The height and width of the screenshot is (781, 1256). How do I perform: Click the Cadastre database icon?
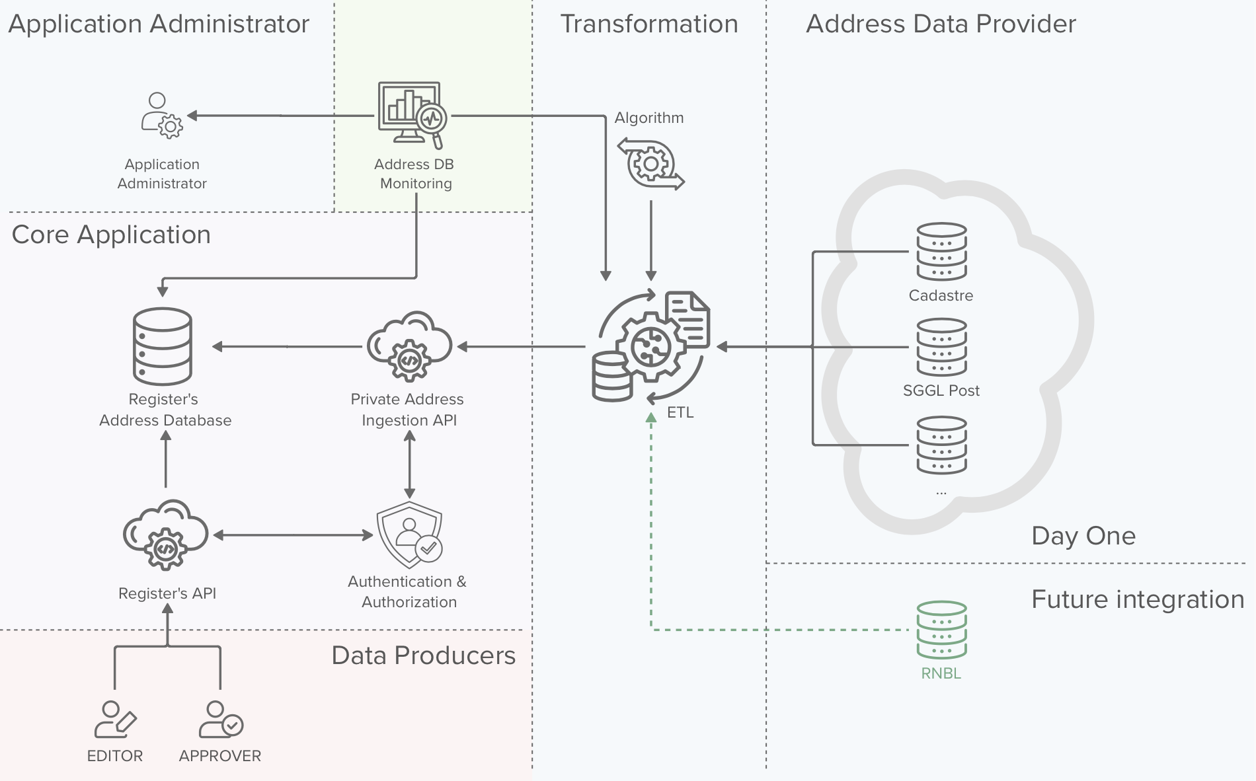click(941, 252)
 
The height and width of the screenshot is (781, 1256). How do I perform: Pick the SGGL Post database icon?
click(941, 347)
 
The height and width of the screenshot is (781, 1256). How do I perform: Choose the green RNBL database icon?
click(941, 630)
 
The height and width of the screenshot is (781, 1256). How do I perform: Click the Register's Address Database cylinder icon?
click(163, 346)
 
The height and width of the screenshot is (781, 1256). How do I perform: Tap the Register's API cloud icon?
click(165, 535)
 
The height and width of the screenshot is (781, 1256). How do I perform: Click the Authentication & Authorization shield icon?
click(410, 535)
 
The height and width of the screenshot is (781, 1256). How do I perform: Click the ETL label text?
click(680, 412)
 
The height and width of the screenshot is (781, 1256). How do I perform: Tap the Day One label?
click(1083, 536)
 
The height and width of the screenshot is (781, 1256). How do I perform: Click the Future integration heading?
click(1138, 599)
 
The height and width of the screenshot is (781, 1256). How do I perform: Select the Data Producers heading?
click(423, 655)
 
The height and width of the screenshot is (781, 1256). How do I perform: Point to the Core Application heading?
click(111, 235)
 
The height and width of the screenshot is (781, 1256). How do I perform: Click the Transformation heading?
click(649, 24)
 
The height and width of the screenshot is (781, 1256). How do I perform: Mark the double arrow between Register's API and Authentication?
click(293, 535)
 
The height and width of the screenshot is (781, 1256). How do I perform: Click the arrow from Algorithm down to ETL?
click(651, 241)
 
